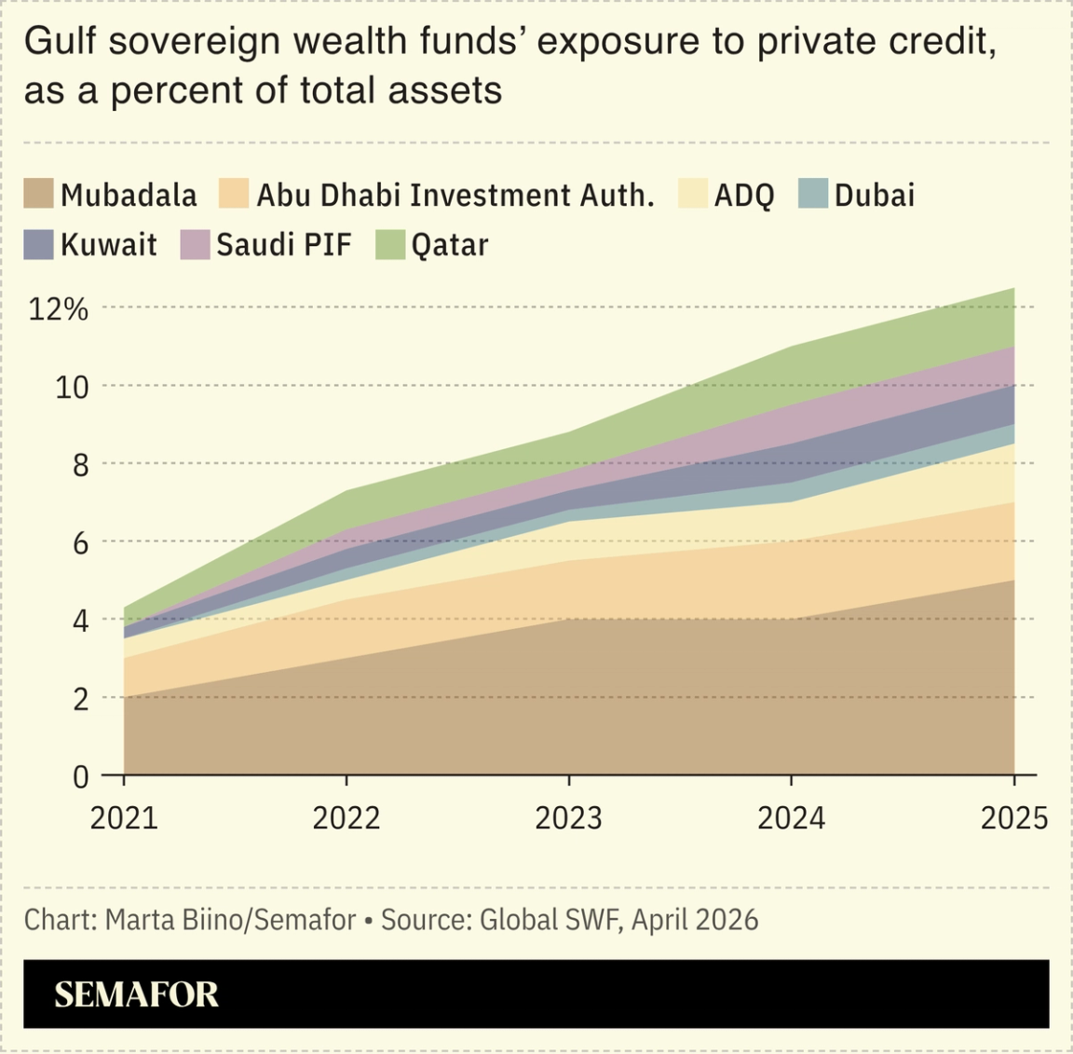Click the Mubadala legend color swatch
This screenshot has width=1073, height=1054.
pyautogui.click(x=38, y=194)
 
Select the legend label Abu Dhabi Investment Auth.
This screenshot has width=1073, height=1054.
pyautogui.click(x=455, y=196)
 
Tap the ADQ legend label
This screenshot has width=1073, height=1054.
pyautogui.click(x=743, y=196)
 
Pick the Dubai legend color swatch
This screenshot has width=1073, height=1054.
pyautogui.click(x=813, y=194)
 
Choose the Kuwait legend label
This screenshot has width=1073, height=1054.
pyautogui.click(x=108, y=245)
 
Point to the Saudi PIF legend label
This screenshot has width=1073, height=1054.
pyautogui.click(x=284, y=245)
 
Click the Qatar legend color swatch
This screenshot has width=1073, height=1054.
pyautogui.click(x=389, y=244)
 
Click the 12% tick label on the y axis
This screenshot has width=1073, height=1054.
pyautogui.click(x=58, y=309)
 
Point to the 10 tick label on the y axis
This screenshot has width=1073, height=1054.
pyautogui.click(x=72, y=387)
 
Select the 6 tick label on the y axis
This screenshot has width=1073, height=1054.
pyautogui.click(x=80, y=542)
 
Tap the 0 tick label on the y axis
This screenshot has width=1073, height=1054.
pyautogui.click(x=80, y=776)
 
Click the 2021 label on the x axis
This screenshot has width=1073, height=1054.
pyautogui.click(x=124, y=818)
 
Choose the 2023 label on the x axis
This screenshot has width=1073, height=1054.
pyautogui.click(x=568, y=818)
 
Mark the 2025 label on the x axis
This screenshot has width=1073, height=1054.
pyautogui.click(x=1013, y=818)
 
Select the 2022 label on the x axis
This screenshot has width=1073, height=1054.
pyautogui.click(x=346, y=818)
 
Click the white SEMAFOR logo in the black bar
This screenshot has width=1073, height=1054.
pyautogui.click(x=136, y=994)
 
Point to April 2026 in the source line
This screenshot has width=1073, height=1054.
pyautogui.click(x=695, y=920)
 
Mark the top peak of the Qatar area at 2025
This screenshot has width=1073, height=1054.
pyautogui.click(x=1013, y=289)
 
